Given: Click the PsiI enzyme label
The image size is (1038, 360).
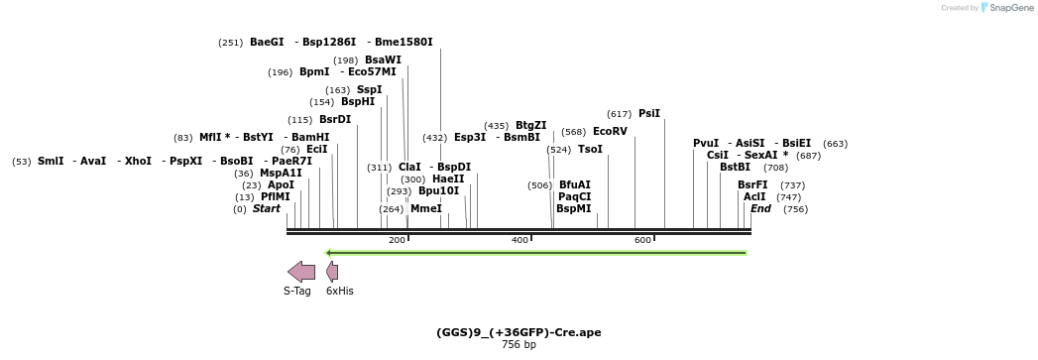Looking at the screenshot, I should [649, 114].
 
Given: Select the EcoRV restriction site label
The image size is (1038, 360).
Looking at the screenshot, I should [610, 132].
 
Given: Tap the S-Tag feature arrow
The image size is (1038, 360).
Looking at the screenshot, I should [301, 272].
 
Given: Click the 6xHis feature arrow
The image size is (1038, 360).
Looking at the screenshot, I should [332, 272].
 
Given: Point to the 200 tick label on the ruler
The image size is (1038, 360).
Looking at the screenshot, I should [397, 241].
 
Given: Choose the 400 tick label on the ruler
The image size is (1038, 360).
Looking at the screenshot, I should [519, 241].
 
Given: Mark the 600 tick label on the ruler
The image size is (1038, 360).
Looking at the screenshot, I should [642, 241].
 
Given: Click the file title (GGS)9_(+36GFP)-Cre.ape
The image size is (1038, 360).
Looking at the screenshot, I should [519, 332].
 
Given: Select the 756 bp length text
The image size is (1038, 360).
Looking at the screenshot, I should [519, 345].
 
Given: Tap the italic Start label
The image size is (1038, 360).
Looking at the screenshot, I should [266, 209].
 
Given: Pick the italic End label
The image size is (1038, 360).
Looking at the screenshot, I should [760, 209].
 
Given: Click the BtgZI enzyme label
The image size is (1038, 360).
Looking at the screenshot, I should [530, 126].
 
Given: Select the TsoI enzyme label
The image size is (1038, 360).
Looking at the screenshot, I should [590, 150].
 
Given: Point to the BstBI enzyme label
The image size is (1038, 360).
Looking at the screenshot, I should [735, 168].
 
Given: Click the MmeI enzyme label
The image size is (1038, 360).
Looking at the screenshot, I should [426, 209].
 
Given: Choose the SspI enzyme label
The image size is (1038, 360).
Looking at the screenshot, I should [369, 90].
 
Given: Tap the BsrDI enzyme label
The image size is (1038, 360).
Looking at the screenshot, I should [335, 120].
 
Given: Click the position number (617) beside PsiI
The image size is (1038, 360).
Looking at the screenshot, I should [619, 114].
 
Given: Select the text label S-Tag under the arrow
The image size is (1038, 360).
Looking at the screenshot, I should [297, 292].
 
